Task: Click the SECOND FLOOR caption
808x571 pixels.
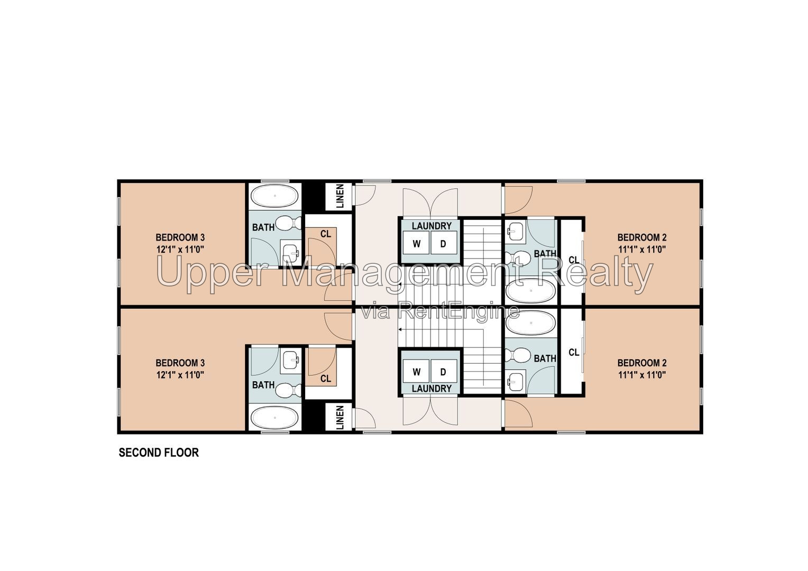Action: point(159,453)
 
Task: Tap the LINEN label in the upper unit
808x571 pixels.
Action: point(340,196)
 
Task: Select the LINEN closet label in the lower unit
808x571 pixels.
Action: point(340,418)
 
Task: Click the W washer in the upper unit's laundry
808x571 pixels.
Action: point(416,244)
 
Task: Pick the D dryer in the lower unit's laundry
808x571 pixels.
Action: point(443,372)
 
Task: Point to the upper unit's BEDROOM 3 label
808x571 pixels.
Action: point(180,237)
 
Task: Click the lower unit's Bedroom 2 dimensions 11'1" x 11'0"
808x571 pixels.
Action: point(642,375)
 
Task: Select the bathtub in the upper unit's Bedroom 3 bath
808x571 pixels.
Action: point(275,196)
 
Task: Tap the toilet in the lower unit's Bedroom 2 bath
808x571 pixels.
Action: point(517,355)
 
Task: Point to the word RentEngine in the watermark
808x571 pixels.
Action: point(458,311)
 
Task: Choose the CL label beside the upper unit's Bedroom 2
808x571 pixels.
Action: point(574,260)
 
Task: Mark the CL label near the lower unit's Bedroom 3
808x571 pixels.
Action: point(326,379)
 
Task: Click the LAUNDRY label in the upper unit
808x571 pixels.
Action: point(432,226)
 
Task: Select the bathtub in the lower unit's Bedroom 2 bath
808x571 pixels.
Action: point(530,323)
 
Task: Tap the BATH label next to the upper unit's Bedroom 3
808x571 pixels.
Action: point(263,227)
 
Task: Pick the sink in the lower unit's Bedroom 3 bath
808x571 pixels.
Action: point(290,360)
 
